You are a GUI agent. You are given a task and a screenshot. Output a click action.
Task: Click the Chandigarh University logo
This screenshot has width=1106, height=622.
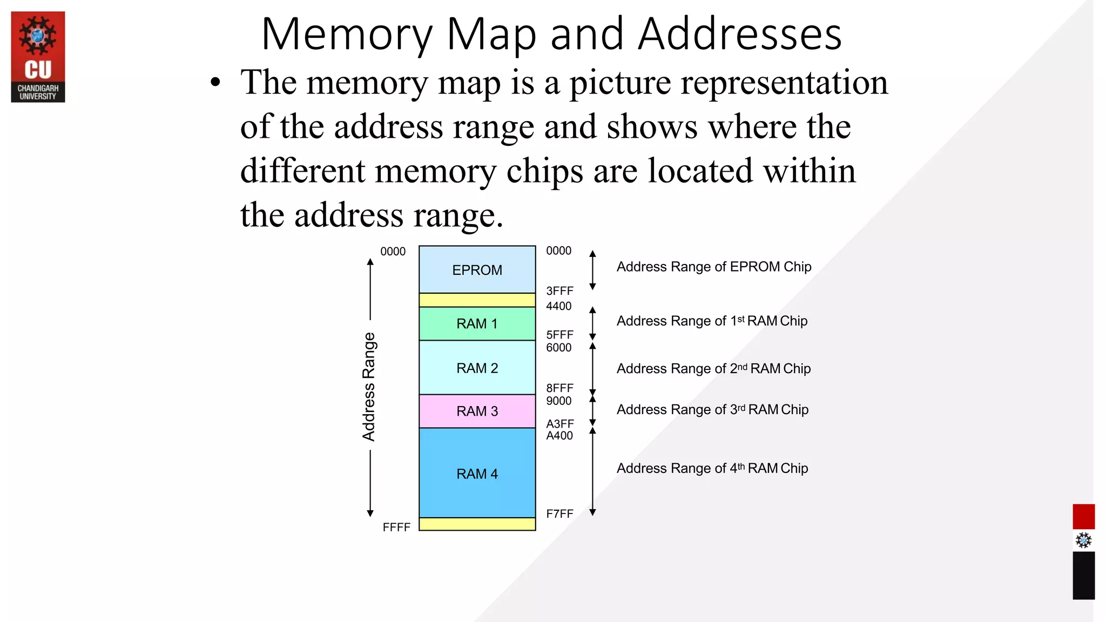pos(38,57)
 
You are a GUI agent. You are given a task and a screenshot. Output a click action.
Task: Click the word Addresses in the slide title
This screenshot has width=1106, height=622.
pos(739,35)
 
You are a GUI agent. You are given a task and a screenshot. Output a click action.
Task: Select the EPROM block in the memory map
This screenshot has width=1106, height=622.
pos(477,270)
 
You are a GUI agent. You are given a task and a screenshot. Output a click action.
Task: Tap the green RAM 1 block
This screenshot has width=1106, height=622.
pos(477,324)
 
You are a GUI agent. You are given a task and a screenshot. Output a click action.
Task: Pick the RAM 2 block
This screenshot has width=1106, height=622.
pos(477,368)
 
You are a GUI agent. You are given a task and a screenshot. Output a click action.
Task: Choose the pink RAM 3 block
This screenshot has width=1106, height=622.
pos(477,411)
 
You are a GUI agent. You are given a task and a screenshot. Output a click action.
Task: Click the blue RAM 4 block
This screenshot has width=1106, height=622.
pos(477,474)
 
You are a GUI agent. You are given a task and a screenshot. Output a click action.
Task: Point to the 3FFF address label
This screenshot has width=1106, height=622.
pos(559,291)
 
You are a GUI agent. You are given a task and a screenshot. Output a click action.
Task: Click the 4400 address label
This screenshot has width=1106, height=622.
pos(558,306)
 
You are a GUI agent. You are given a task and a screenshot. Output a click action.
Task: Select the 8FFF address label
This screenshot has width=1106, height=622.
pos(559,388)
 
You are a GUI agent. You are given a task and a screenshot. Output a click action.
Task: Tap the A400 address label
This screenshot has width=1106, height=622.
pos(559,436)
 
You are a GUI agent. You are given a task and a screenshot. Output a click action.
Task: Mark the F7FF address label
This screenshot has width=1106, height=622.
pos(559,514)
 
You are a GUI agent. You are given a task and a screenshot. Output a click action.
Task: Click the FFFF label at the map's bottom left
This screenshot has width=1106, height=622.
pos(396,528)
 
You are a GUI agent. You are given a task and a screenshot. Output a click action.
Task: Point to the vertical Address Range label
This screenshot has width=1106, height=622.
pos(369,387)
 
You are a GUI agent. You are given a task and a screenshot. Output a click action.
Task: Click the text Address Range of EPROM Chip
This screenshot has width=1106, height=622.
pos(714,267)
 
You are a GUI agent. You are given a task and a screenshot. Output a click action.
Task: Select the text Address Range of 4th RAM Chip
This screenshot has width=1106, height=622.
pos(712,468)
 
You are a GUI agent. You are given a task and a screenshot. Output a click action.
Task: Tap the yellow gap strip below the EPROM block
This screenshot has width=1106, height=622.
pos(477,300)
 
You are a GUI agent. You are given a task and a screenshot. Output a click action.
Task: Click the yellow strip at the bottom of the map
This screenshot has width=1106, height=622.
pos(477,524)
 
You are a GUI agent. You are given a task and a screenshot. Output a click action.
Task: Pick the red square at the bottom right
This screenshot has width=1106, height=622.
pos(1083,517)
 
